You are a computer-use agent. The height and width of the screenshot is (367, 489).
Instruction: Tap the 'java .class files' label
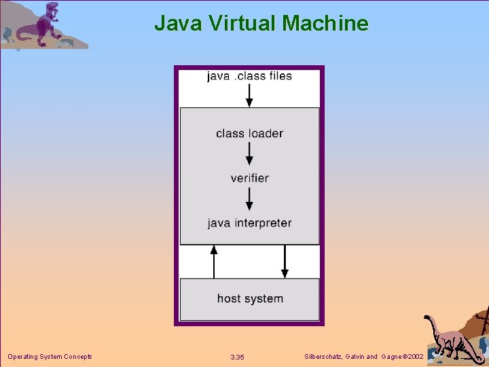click(x=249, y=76)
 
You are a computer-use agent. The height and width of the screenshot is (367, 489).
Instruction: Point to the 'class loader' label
click(x=249, y=133)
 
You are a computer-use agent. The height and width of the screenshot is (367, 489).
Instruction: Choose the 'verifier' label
click(x=249, y=178)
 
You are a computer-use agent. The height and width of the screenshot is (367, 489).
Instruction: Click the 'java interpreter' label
click(x=249, y=223)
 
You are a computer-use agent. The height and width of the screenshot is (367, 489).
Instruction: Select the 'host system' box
click(x=249, y=299)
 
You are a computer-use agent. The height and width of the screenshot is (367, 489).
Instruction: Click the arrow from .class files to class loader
click(x=249, y=95)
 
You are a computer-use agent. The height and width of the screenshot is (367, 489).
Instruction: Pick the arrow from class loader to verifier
click(x=249, y=155)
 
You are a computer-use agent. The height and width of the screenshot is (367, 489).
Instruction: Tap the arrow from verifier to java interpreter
click(x=249, y=199)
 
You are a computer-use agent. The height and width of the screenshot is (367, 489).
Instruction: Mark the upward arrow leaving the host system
click(x=214, y=262)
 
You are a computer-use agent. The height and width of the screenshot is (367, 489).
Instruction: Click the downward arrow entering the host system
click(x=285, y=262)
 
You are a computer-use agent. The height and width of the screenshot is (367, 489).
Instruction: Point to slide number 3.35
click(x=237, y=357)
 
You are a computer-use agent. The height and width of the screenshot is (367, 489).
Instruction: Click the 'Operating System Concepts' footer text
click(x=50, y=357)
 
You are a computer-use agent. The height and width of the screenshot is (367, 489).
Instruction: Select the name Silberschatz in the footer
click(x=325, y=357)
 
